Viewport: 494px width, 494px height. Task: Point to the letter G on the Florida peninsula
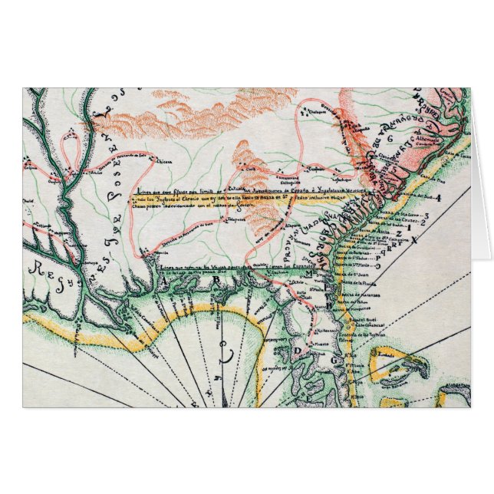[x=335, y=359]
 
